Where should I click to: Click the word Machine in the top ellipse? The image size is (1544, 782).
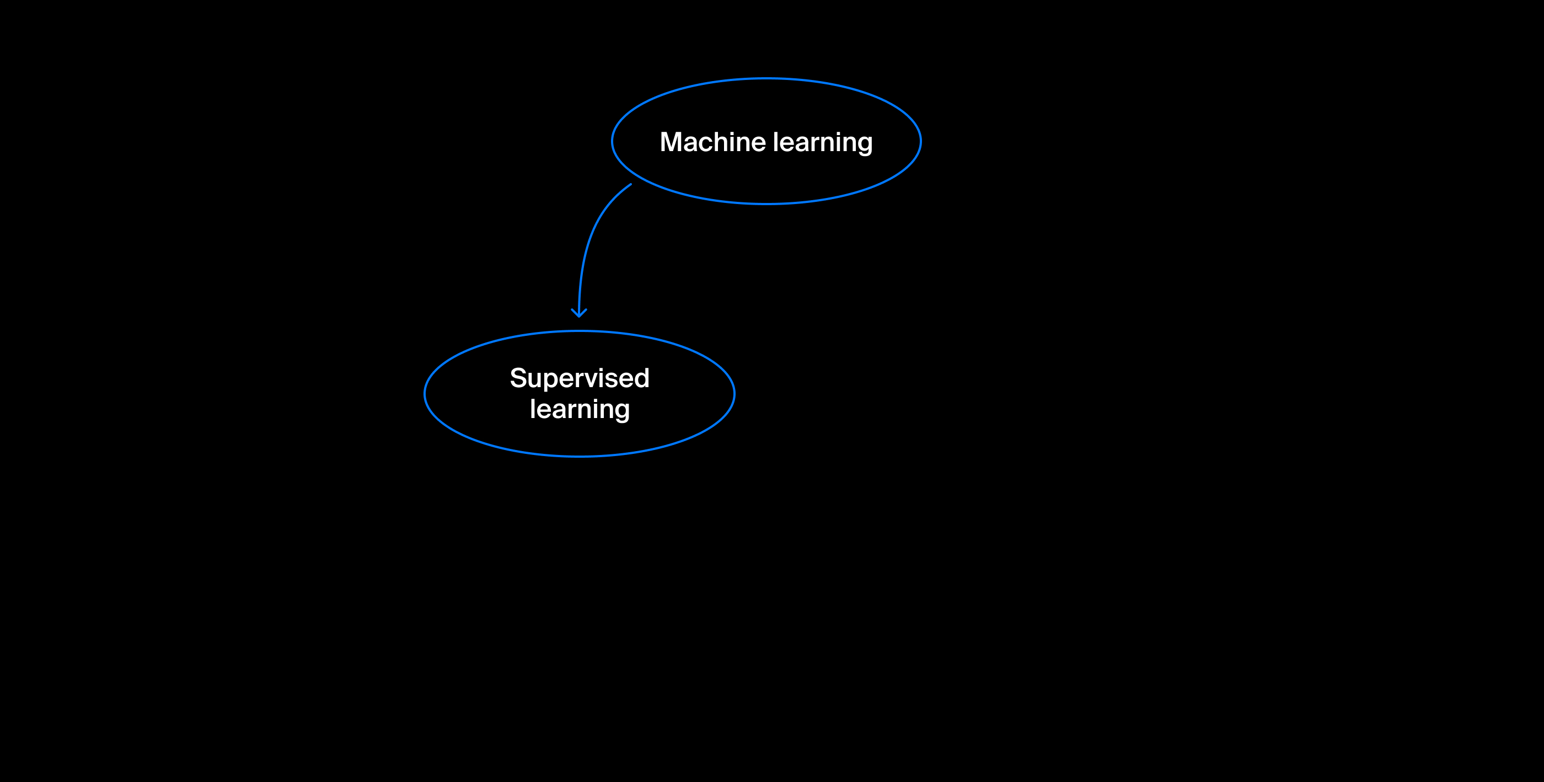click(x=712, y=142)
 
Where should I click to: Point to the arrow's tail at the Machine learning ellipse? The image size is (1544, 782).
click(x=632, y=185)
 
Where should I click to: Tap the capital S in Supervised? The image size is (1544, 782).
click(x=518, y=378)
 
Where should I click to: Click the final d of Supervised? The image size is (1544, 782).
click(x=642, y=378)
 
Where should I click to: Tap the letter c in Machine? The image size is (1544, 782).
click(x=710, y=145)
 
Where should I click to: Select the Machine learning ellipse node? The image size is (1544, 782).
click(x=766, y=141)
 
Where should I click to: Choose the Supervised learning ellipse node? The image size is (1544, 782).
click(x=580, y=394)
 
